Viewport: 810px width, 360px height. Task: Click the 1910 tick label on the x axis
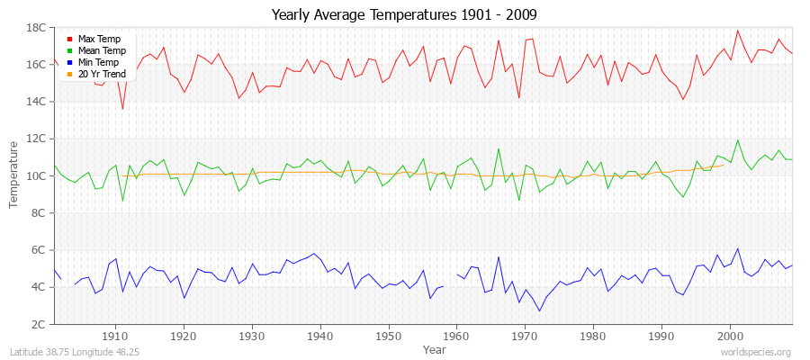(115, 336)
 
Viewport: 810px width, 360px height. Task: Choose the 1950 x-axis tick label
(388, 336)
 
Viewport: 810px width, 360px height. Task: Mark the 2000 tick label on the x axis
(729, 336)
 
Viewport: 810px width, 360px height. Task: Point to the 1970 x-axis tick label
(525, 336)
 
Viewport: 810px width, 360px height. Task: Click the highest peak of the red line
(738, 31)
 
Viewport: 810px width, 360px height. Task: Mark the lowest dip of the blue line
(540, 311)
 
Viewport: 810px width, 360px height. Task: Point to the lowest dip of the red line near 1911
(122, 110)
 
